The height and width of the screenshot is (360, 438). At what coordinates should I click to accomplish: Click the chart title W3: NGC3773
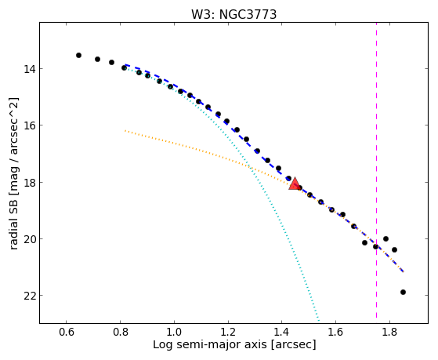(233, 14)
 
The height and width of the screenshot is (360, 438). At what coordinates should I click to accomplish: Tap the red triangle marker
(295, 184)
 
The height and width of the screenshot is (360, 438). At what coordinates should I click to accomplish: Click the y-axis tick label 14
(29, 69)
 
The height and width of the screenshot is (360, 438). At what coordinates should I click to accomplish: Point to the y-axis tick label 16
(29, 125)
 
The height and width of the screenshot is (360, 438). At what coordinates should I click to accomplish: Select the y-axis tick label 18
(29, 183)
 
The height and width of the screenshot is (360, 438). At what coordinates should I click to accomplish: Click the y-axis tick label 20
(29, 239)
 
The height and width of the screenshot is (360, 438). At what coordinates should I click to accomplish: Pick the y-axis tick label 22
(29, 296)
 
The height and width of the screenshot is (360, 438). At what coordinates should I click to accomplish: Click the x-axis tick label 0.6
(66, 332)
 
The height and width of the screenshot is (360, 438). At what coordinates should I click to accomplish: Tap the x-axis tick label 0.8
(120, 332)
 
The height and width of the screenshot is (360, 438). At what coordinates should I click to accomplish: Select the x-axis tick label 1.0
(174, 332)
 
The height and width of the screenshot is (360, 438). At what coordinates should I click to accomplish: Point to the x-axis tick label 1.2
(228, 332)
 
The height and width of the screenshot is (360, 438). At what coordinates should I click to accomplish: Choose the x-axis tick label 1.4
(282, 332)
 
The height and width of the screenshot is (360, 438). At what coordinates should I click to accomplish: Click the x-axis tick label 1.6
(336, 332)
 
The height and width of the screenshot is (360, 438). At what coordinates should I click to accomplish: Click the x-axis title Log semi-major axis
(210, 344)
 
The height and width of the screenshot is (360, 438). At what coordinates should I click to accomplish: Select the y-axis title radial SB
(14, 221)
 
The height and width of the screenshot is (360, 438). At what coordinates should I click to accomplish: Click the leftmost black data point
(79, 55)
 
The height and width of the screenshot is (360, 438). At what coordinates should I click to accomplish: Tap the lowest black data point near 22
(403, 292)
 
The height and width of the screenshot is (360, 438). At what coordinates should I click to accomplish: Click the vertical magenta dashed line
(376, 170)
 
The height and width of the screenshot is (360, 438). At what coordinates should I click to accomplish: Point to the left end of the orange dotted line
(125, 131)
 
